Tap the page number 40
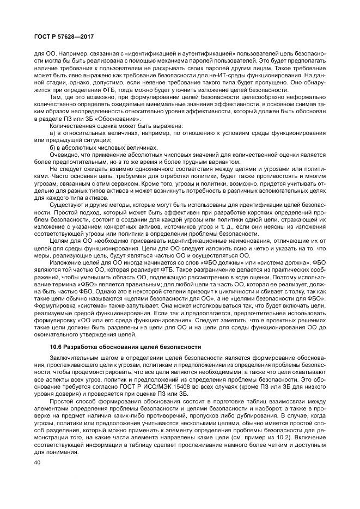(37, 463)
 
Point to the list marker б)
(52, 147)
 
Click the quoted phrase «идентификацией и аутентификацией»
(155, 54)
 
